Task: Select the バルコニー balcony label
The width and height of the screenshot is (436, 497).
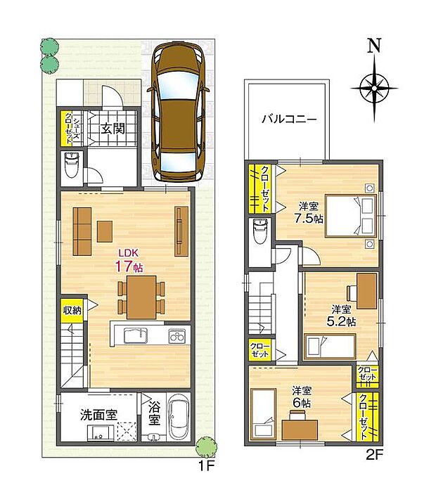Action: (286, 117)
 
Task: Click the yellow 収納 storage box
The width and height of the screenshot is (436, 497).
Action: (72, 310)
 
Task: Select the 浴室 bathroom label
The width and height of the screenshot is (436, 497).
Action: (154, 413)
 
